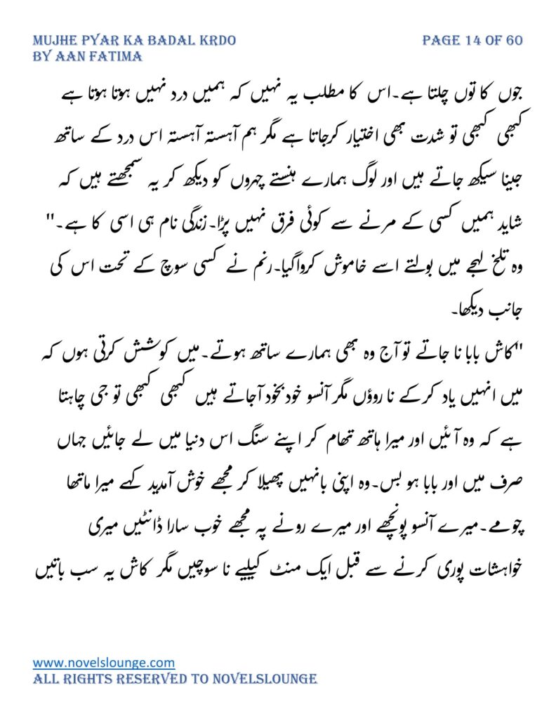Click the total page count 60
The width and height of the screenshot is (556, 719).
point(514,40)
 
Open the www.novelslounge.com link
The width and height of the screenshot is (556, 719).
point(104,662)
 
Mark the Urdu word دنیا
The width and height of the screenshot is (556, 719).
point(157,440)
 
